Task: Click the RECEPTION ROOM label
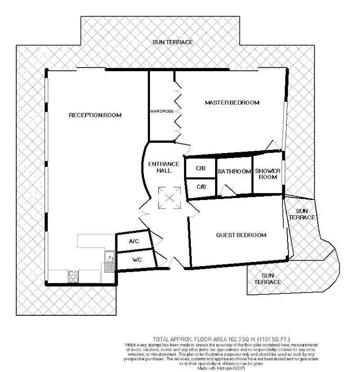95,115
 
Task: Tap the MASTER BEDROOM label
232,103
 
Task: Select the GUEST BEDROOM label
241,235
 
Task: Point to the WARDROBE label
162,111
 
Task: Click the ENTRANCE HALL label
164,167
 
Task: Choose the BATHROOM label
234,171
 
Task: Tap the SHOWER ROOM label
268,174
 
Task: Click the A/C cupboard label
134,241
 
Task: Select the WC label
137,260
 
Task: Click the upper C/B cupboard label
201,168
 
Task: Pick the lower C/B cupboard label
201,187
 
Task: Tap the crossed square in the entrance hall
170,198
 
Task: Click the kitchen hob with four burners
73,277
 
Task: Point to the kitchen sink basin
109,256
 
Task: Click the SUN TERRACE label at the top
172,42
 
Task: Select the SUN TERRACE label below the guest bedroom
268,279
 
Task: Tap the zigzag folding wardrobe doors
178,112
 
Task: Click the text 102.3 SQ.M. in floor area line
242,339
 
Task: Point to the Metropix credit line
221,368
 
